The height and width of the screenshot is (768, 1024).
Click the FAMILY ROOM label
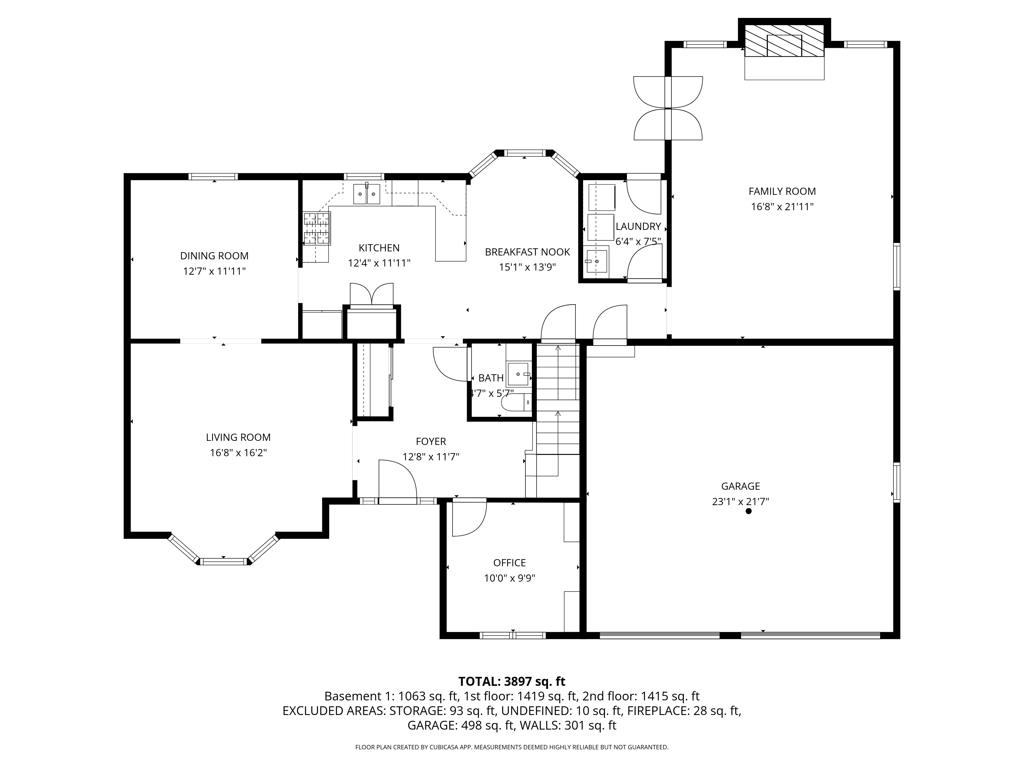coord(782,191)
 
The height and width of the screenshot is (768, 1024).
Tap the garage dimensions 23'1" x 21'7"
coord(741,501)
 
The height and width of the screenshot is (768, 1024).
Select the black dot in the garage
coord(749,511)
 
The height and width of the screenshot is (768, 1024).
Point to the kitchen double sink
coord(367,194)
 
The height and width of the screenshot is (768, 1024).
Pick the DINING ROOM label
coord(214,255)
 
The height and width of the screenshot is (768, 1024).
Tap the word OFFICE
coord(510,562)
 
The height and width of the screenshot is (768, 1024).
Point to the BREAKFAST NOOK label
coord(527,252)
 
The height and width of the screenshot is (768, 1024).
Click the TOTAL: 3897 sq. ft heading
coord(511,681)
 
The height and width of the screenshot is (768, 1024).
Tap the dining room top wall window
coord(214,176)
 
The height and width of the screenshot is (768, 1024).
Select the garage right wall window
coord(897,482)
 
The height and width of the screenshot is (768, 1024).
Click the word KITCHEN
coord(379,248)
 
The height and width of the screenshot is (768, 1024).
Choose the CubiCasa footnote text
coord(511,747)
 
